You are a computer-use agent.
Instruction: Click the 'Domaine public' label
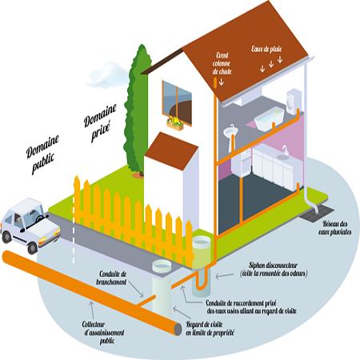pyautogui.click(x=42, y=154)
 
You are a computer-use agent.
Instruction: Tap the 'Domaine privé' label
pyautogui.click(x=100, y=122)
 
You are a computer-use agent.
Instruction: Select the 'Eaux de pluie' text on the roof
pyautogui.click(x=266, y=49)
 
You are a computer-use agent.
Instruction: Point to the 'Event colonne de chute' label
pyautogui.click(x=222, y=63)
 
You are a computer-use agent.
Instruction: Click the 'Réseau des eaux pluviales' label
pyautogui.click(x=335, y=228)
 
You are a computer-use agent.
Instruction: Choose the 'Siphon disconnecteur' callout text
pyautogui.click(x=274, y=270)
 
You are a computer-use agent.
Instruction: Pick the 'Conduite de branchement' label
pyautogui.click(x=111, y=278)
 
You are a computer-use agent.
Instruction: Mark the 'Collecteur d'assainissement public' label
pyautogui.click(x=104, y=332)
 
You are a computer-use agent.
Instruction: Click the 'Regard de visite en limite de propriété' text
pyautogui.click(x=210, y=329)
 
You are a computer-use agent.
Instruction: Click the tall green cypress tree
pyautogui.click(x=137, y=110)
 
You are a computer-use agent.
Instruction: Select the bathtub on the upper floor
pyautogui.click(x=269, y=119)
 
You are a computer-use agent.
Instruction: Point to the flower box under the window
pyautogui.click(x=175, y=124)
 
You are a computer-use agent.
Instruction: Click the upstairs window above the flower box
pyautogui.click(x=177, y=102)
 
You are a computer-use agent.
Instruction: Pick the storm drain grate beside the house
pyautogui.click(x=317, y=214)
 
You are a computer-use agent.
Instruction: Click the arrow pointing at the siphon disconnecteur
pyautogui.click(x=225, y=275)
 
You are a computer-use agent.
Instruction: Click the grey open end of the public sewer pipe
pyautogui.click(x=178, y=330)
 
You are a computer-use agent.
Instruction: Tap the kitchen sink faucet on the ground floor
pyautogui.click(x=285, y=150)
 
